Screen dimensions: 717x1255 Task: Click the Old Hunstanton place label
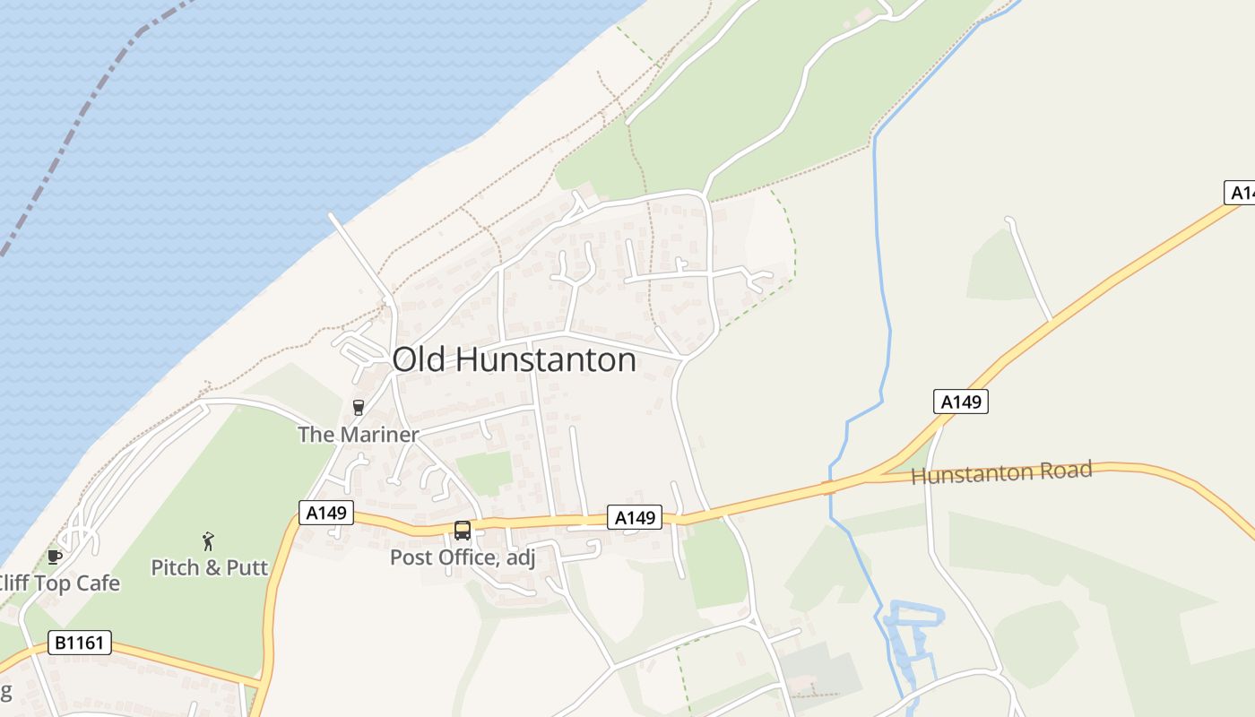tap(514, 359)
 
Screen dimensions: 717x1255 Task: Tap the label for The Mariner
tap(359, 435)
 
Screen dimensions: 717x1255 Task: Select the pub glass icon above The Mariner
tap(359, 408)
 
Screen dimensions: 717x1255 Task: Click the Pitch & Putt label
tap(210, 567)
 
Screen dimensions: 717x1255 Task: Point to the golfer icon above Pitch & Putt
tap(209, 541)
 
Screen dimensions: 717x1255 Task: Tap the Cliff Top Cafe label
tap(59, 583)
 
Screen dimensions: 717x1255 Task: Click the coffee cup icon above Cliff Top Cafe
tap(55, 557)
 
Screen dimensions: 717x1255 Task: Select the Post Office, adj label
tap(462, 557)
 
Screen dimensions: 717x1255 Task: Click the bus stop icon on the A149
tap(463, 530)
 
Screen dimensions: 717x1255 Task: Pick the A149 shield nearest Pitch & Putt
tap(326, 513)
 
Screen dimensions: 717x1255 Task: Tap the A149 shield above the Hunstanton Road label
tap(961, 402)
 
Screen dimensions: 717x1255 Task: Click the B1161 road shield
tap(80, 642)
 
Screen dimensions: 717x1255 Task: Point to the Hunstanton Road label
tap(1001, 472)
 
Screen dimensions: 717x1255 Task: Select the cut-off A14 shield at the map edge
tap(1240, 193)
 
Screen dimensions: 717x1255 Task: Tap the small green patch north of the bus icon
tap(484, 472)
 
